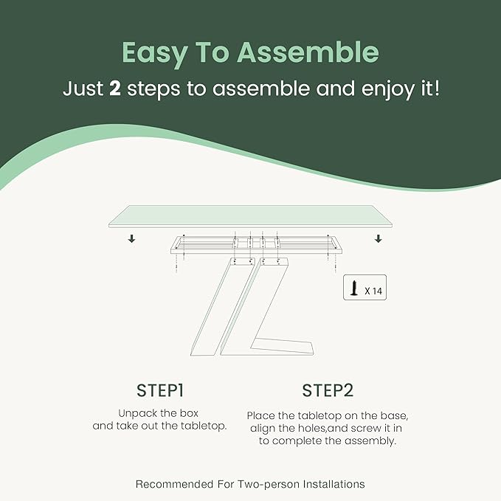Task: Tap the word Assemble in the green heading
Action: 308,52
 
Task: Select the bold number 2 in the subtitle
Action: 115,89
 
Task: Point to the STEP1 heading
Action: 160,390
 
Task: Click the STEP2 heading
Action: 328,390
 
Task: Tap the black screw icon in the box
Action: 354,288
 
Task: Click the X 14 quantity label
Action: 373,291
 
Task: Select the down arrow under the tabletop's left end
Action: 131,238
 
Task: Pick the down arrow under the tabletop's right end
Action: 379,238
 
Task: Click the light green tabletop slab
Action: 251,216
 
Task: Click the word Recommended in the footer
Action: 174,484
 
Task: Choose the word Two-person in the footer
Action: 268,485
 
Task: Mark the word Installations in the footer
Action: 334,484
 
